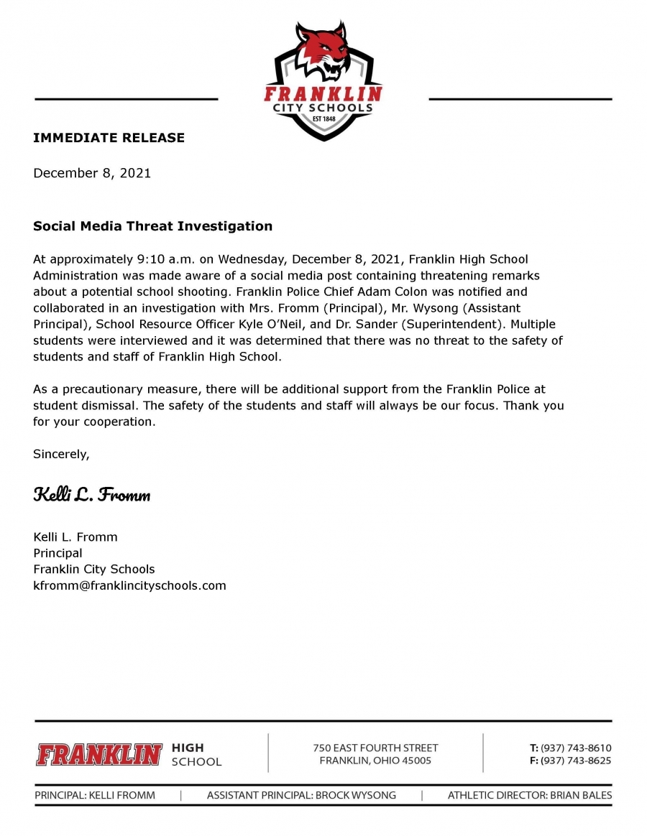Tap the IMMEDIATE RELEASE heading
[109, 138]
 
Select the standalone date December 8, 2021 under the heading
[92, 173]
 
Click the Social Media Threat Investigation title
[152, 226]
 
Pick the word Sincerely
[61, 454]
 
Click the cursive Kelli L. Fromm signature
[91, 495]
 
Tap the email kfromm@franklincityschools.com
[129, 585]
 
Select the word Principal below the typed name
[58, 553]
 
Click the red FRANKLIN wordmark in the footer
[99, 754]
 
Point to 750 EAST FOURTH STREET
[375, 748]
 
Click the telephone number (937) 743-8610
[576, 748]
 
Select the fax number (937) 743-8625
[576, 761]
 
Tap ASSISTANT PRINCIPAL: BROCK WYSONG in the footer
[301, 795]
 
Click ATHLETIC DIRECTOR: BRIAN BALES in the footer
[530, 795]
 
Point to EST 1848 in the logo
[323, 120]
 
